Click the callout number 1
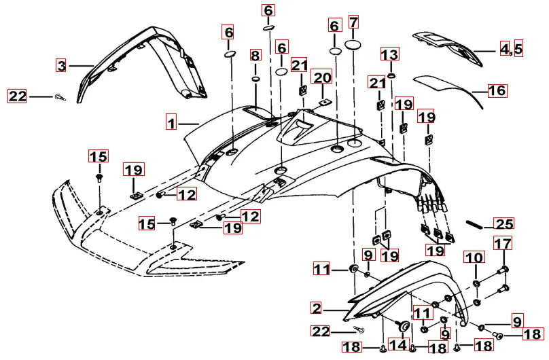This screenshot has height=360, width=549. click(x=173, y=124)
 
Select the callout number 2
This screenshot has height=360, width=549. click(x=316, y=308)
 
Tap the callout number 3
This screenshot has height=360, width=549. click(x=61, y=66)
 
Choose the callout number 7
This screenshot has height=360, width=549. click(x=353, y=22)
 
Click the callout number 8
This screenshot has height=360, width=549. click(x=255, y=54)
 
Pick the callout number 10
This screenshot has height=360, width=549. click(x=474, y=257)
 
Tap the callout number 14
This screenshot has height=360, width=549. click(x=399, y=345)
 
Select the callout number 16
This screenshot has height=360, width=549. click(x=497, y=90)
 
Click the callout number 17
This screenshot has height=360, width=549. click(x=502, y=244)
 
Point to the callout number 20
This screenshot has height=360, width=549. click(x=322, y=77)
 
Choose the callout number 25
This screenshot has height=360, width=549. click(x=504, y=223)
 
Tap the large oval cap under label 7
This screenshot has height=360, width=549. click(x=354, y=45)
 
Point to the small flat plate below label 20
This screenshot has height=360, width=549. click(x=323, y=103)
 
